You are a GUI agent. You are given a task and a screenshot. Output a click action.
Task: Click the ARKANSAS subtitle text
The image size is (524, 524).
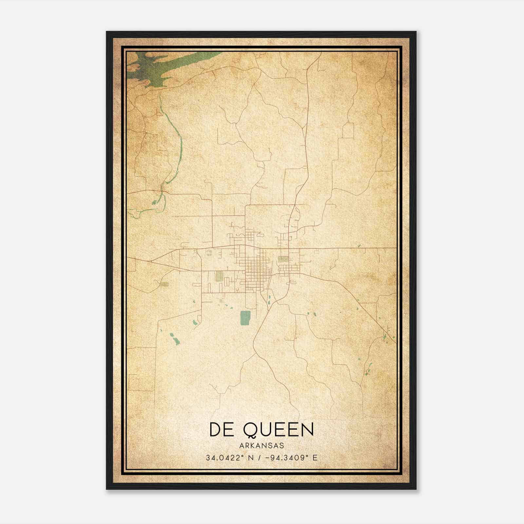(261, 446)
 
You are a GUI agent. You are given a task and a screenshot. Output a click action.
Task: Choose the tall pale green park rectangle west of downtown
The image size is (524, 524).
(219, 276)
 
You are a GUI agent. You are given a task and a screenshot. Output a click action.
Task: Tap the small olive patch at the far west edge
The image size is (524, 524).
(165, 284)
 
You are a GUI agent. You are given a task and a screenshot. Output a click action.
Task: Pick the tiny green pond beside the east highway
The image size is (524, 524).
(359, 245)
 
